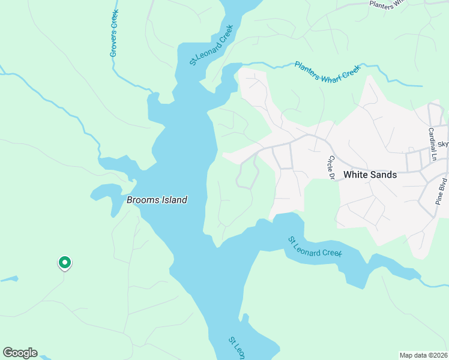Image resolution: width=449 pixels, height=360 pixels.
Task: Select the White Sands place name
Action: click(370, 175)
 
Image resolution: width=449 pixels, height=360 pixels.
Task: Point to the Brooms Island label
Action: click(157, 200)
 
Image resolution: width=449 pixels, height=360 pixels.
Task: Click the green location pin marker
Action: click(64, 263)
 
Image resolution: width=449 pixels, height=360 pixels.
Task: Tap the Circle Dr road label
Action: click(330, 167)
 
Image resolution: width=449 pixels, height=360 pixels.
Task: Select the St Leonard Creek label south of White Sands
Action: click(315, 247)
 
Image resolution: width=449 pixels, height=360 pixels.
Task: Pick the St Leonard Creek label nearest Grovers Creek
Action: click(211, 45)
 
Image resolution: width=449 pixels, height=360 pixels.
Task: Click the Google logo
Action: click(20, 353)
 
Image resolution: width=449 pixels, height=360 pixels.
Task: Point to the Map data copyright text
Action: click(423, 355)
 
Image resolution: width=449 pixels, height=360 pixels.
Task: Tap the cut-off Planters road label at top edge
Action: click(391, 3)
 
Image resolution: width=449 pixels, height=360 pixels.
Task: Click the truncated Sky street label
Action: click(443, 145)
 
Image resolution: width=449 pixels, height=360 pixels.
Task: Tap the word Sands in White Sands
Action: click(384, 175)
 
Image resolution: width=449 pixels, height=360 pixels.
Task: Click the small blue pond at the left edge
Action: click(8, 279)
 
